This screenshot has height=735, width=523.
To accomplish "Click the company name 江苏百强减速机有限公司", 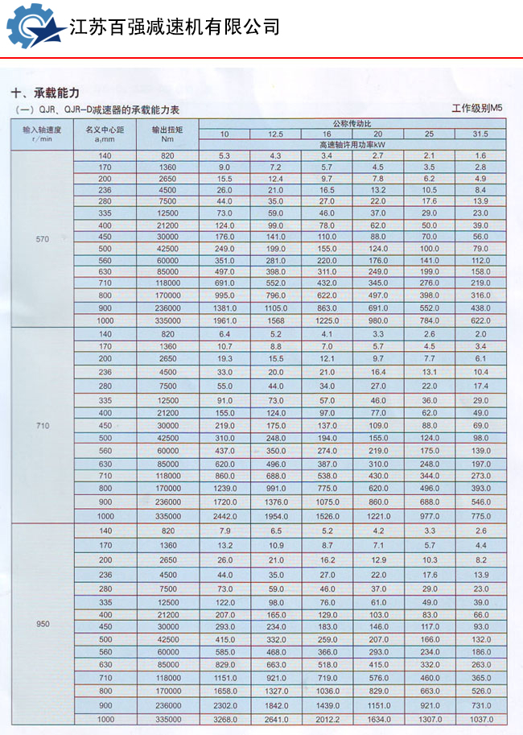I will [175, 27].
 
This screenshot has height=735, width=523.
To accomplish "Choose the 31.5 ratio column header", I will [480, 134].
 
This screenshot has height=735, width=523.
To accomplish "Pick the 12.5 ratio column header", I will [275, 134].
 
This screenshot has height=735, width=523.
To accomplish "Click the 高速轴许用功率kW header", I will [352, 143].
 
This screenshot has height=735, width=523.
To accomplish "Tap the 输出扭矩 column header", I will [167, 129].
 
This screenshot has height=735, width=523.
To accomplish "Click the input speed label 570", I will [42, 240].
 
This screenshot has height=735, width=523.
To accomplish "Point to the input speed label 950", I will [42, 625].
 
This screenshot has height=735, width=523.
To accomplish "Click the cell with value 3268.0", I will [224, 721].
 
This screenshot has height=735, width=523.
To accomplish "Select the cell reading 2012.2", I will [327, 721].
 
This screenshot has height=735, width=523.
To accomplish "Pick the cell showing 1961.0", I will [224, 320].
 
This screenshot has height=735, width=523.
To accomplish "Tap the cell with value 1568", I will [275, 320].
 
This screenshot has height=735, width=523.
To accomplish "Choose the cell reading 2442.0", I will [224, 515].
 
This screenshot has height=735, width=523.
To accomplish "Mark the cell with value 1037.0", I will [480, 721].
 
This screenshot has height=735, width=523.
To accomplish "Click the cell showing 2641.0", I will [275, 721].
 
